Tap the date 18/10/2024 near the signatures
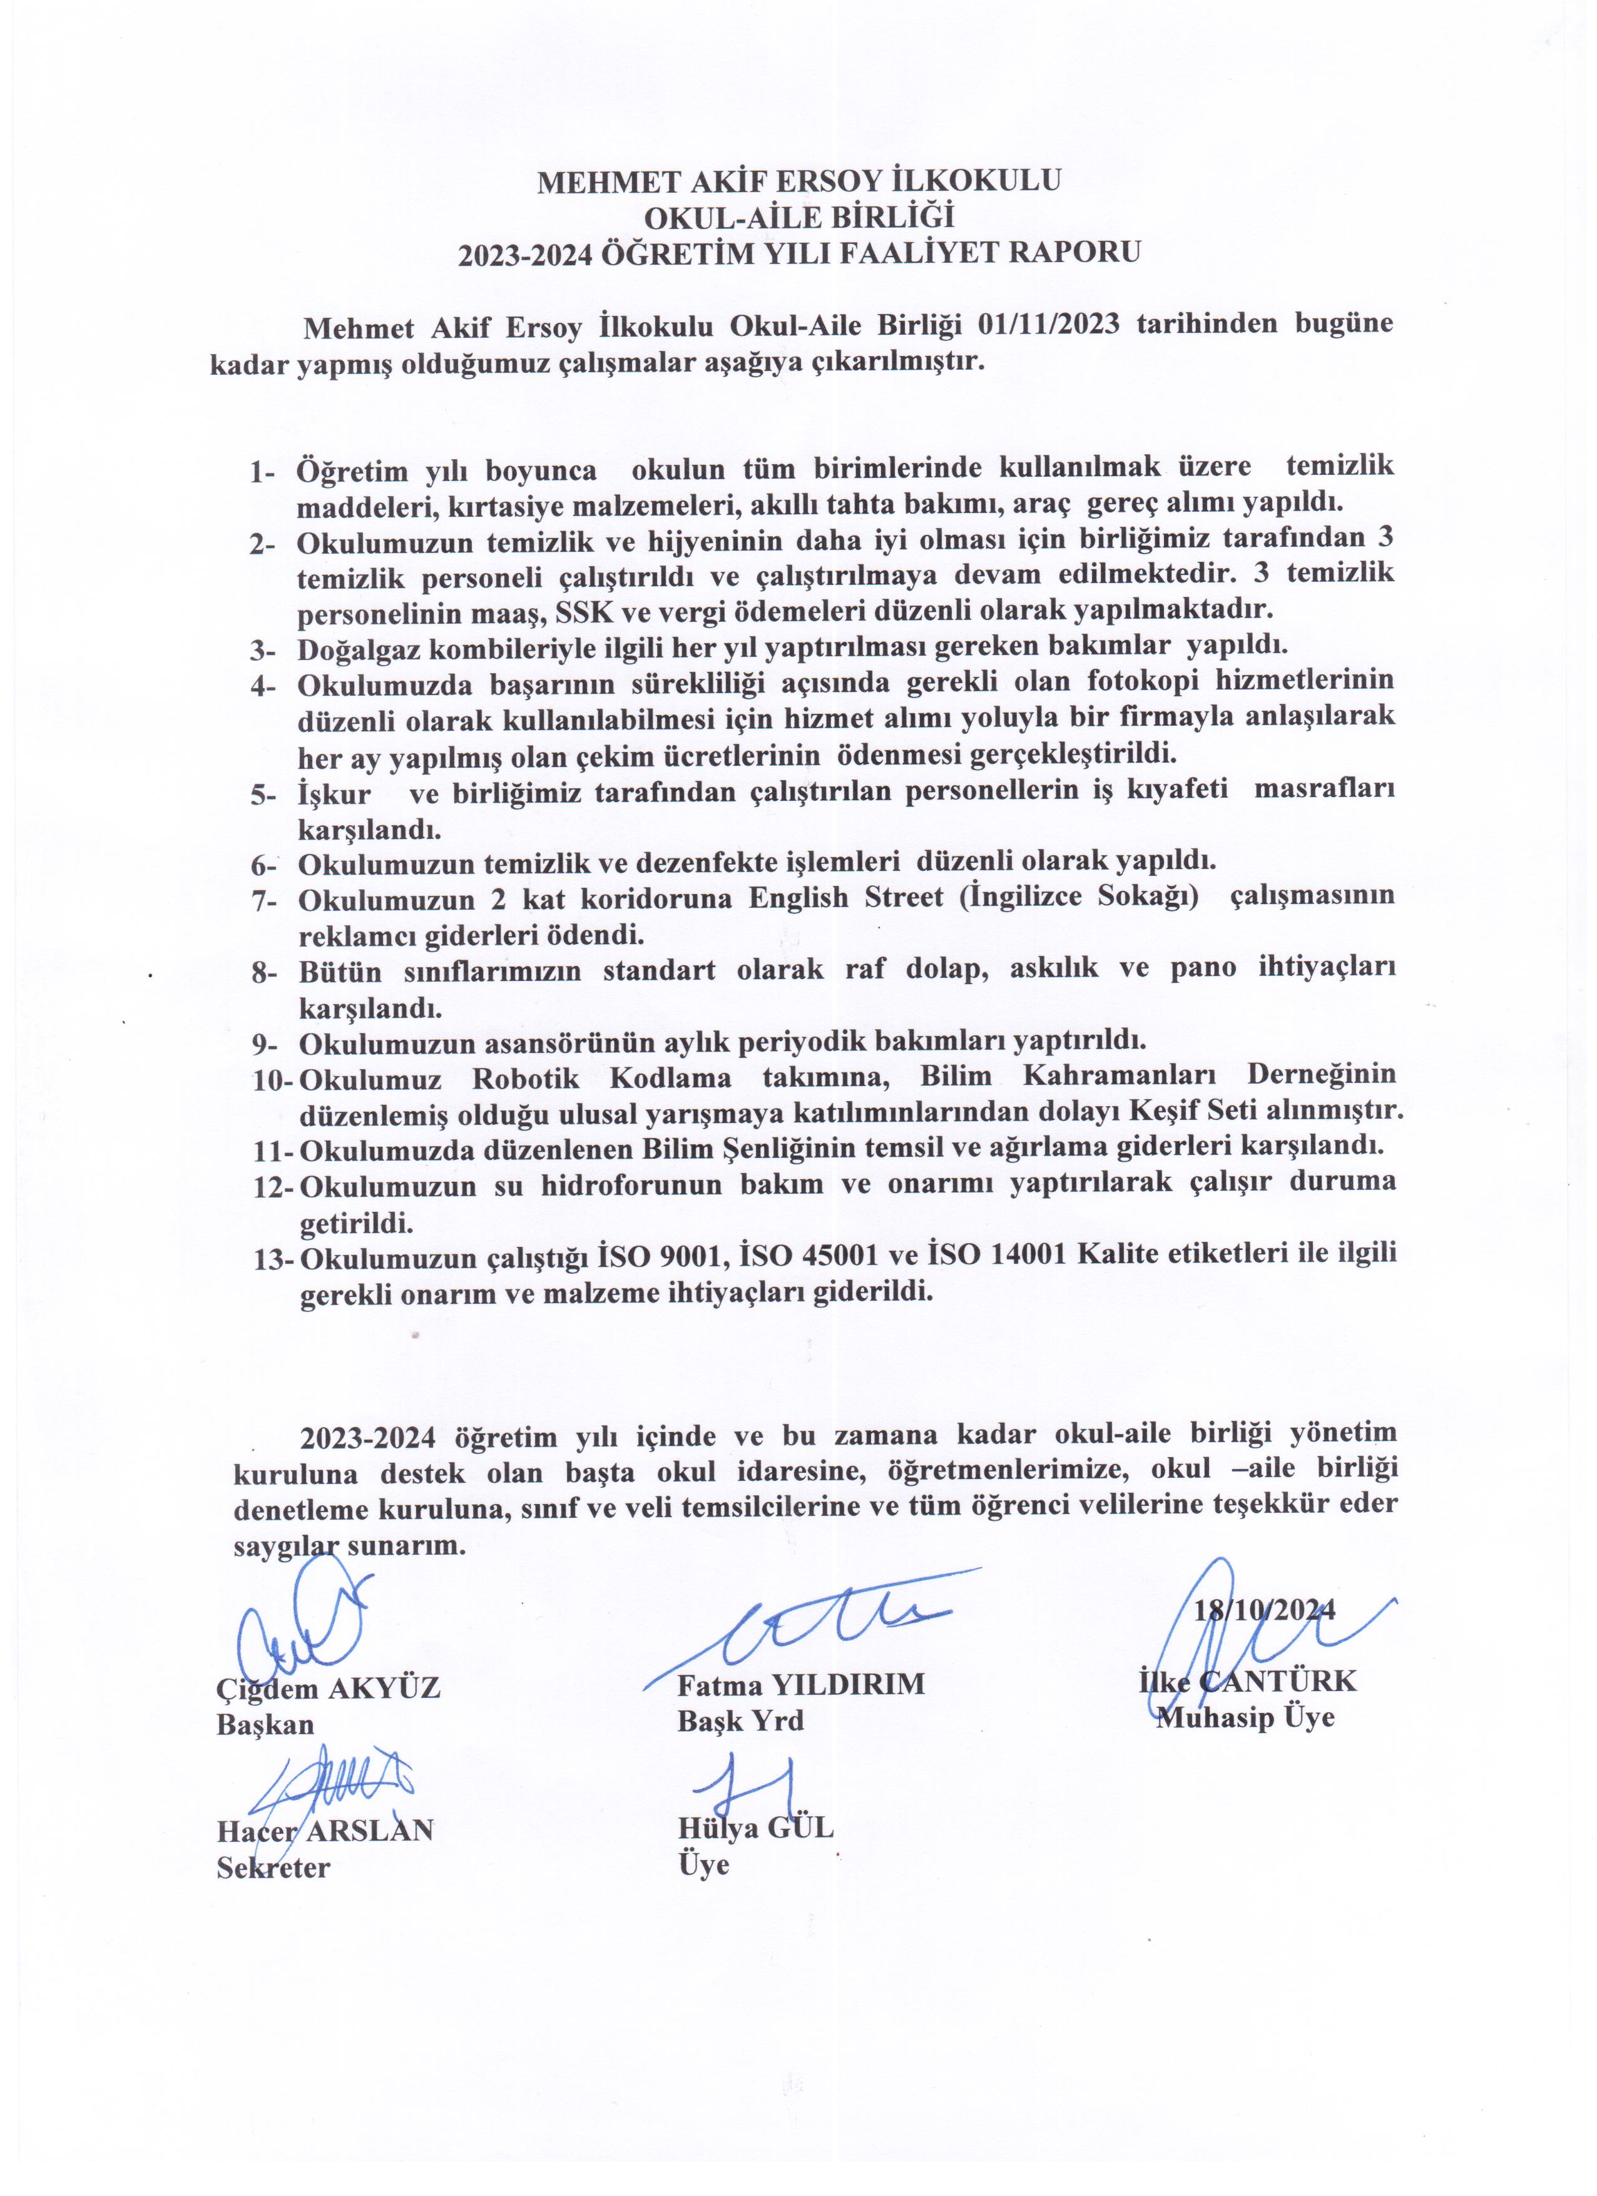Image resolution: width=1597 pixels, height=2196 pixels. [1265, 1610]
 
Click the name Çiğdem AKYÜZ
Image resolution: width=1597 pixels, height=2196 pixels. [329, 1689]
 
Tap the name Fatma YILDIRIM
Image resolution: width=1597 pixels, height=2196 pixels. [801, 1685]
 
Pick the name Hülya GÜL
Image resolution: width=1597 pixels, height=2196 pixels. [755, 1828]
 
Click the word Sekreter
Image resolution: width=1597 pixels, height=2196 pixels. [273, 1868]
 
